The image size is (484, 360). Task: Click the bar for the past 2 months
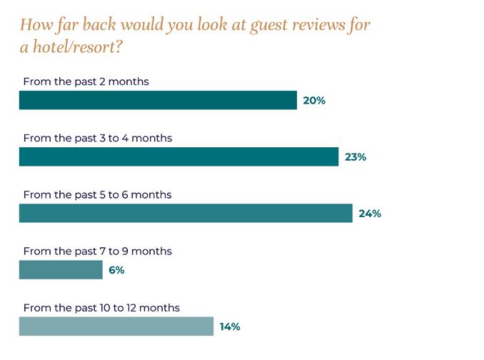click(x=158, y=100)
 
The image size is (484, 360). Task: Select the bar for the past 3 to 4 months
click(x=178, y=156)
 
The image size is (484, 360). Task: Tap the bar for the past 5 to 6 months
click(x=186, y=213)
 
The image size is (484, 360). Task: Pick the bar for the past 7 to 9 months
click(x=61, y=269)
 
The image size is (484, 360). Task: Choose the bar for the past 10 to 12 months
click(x=116, y=326)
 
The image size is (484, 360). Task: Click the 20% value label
click(x=314, y=100)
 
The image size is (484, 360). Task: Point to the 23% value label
click(x=356, y=157)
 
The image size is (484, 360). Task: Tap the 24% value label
click(x=370, y=214)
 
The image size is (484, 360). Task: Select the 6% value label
click(x=116, y=270)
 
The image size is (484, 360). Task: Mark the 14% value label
click(x=230, y=326)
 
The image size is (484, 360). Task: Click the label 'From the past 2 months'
click(x=86, y=81)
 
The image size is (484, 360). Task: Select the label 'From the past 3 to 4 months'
click(x=98, y=138)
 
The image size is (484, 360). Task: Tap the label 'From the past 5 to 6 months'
click(x=98, y=194)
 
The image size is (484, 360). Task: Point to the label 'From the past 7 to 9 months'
click(x=98, y=251)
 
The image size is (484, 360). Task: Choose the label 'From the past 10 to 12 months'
click(x=101, y=308)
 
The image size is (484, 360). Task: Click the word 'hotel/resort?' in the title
click(x=78, y=47)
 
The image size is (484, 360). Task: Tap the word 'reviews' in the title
click(x=319, y=25)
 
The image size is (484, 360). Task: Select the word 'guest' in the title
click(x=268, y=26)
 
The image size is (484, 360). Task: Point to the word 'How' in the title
click(x=36, y=24)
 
